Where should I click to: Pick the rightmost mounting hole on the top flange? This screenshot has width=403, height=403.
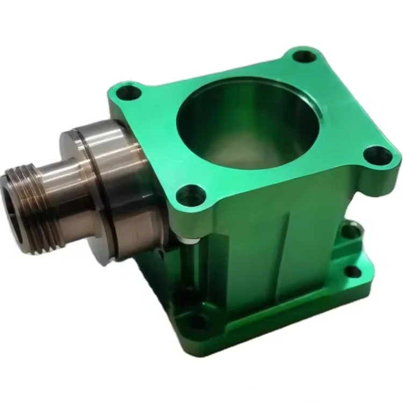tap(379, 156)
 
